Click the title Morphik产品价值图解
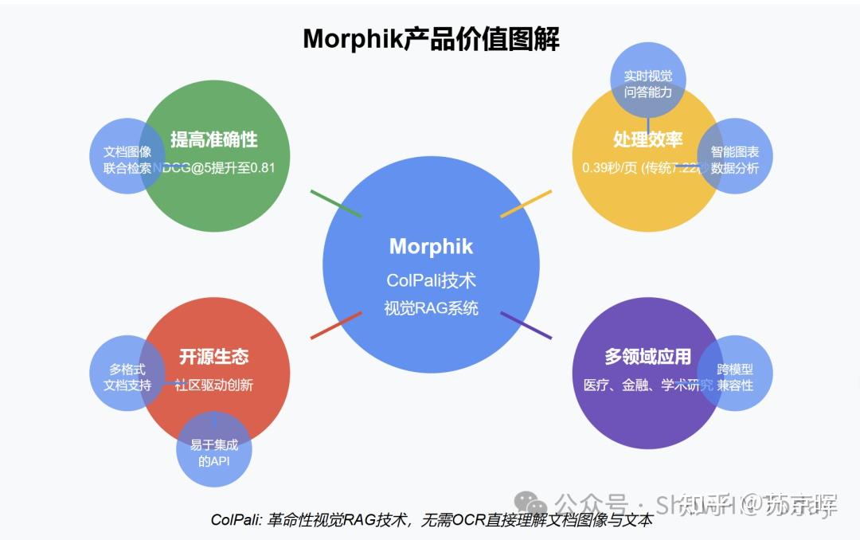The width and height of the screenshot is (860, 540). [431, 38]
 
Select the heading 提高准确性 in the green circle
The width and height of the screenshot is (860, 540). [213, 139]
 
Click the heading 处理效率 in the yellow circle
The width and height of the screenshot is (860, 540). [647, 139]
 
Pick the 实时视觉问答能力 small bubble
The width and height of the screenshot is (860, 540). [647, 84]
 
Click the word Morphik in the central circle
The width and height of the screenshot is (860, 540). [431, 246]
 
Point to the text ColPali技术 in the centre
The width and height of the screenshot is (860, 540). [431, 280]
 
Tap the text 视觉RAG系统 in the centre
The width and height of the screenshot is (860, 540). [431, 307]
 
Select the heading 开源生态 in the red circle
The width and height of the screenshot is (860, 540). [213, 357]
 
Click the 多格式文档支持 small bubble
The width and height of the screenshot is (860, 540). [127, 378]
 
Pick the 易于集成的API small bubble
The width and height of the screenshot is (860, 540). [213, 452]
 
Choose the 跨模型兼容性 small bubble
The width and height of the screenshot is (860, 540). [735, 378]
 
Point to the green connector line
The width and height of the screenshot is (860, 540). [335, 203]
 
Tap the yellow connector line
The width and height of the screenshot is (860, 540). [526, 203]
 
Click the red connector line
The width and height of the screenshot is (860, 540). [335, 325]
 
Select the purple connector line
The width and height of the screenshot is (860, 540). [526, 325]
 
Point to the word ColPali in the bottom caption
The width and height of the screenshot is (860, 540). [232, 520]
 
